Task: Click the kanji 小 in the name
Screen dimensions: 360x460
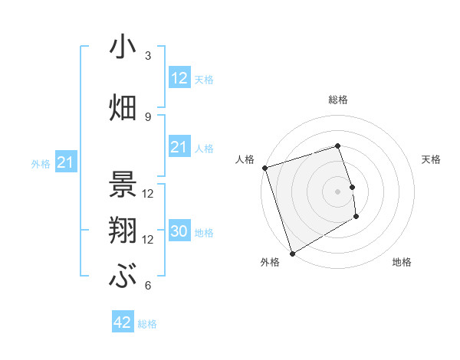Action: point(123,47)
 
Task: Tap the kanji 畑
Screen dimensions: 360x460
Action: point(123,107)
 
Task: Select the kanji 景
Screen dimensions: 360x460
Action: point(123,185)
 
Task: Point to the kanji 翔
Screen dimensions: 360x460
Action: point(123,231)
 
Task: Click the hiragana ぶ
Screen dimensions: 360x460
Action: point(123,277)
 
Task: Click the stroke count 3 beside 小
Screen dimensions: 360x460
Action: point(148,56)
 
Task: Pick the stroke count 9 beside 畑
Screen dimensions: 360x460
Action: point(148,116)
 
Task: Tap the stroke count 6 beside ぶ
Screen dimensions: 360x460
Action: point(148,286)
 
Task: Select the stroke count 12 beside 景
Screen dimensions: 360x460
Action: point(148,193)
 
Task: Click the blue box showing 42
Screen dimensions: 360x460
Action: point(123,322)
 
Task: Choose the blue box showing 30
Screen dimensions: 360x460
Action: point(179,231)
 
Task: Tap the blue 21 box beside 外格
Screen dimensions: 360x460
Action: point(65,162)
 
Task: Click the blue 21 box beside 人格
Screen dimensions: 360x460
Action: point(179,147)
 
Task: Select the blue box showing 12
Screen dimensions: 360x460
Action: point(179,78)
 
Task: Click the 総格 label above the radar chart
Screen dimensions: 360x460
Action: point(338,100)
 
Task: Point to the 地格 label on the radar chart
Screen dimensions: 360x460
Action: point(402,262)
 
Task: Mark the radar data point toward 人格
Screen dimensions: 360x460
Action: point(264,168)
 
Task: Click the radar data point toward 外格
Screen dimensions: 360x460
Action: point(292,253)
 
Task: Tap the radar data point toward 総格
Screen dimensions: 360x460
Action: point(338,146)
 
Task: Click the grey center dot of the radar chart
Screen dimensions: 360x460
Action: point(338,191)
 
